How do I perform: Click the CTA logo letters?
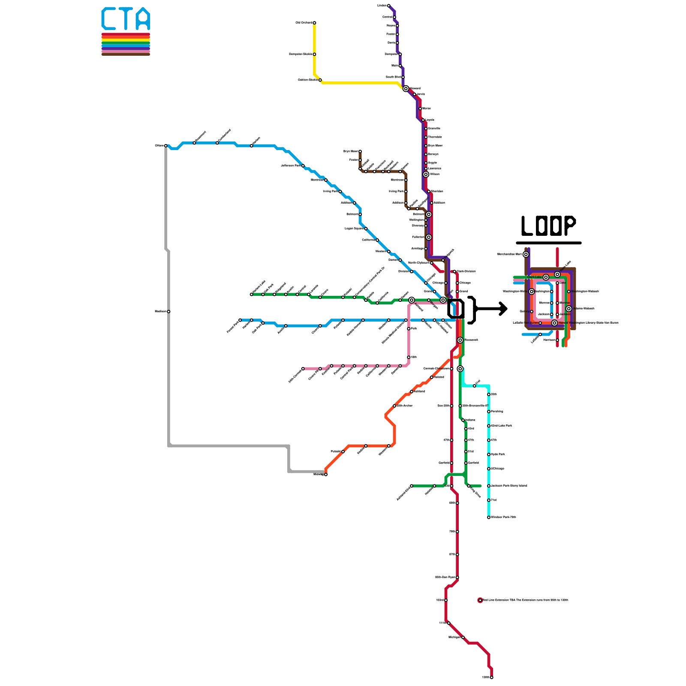click(126, 19)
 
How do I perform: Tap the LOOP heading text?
click(548, 226)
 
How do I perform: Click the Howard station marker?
click(406, 89)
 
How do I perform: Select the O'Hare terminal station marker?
click(166, 146)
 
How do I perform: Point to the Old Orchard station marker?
click(314, 23)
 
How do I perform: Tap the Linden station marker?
click(388, 6)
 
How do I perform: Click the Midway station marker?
click(326, 475)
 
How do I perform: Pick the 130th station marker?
click(492, 677)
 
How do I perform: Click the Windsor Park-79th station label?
click(503, 518)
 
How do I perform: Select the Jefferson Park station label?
click(291, 165)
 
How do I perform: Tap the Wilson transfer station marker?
click(426, 175)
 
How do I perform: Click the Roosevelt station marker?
click(460, 340)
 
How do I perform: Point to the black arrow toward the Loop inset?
click(491, 309)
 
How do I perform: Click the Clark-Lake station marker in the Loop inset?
click(546, 277)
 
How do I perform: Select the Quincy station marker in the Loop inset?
click(532, 312)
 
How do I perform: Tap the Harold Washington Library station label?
click(588, 323)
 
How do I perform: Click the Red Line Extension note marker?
click(480, 600)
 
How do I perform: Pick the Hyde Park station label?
click(498, 454)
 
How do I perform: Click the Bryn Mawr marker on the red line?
click(426, 146)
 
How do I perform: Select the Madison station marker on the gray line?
click(168, 312)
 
